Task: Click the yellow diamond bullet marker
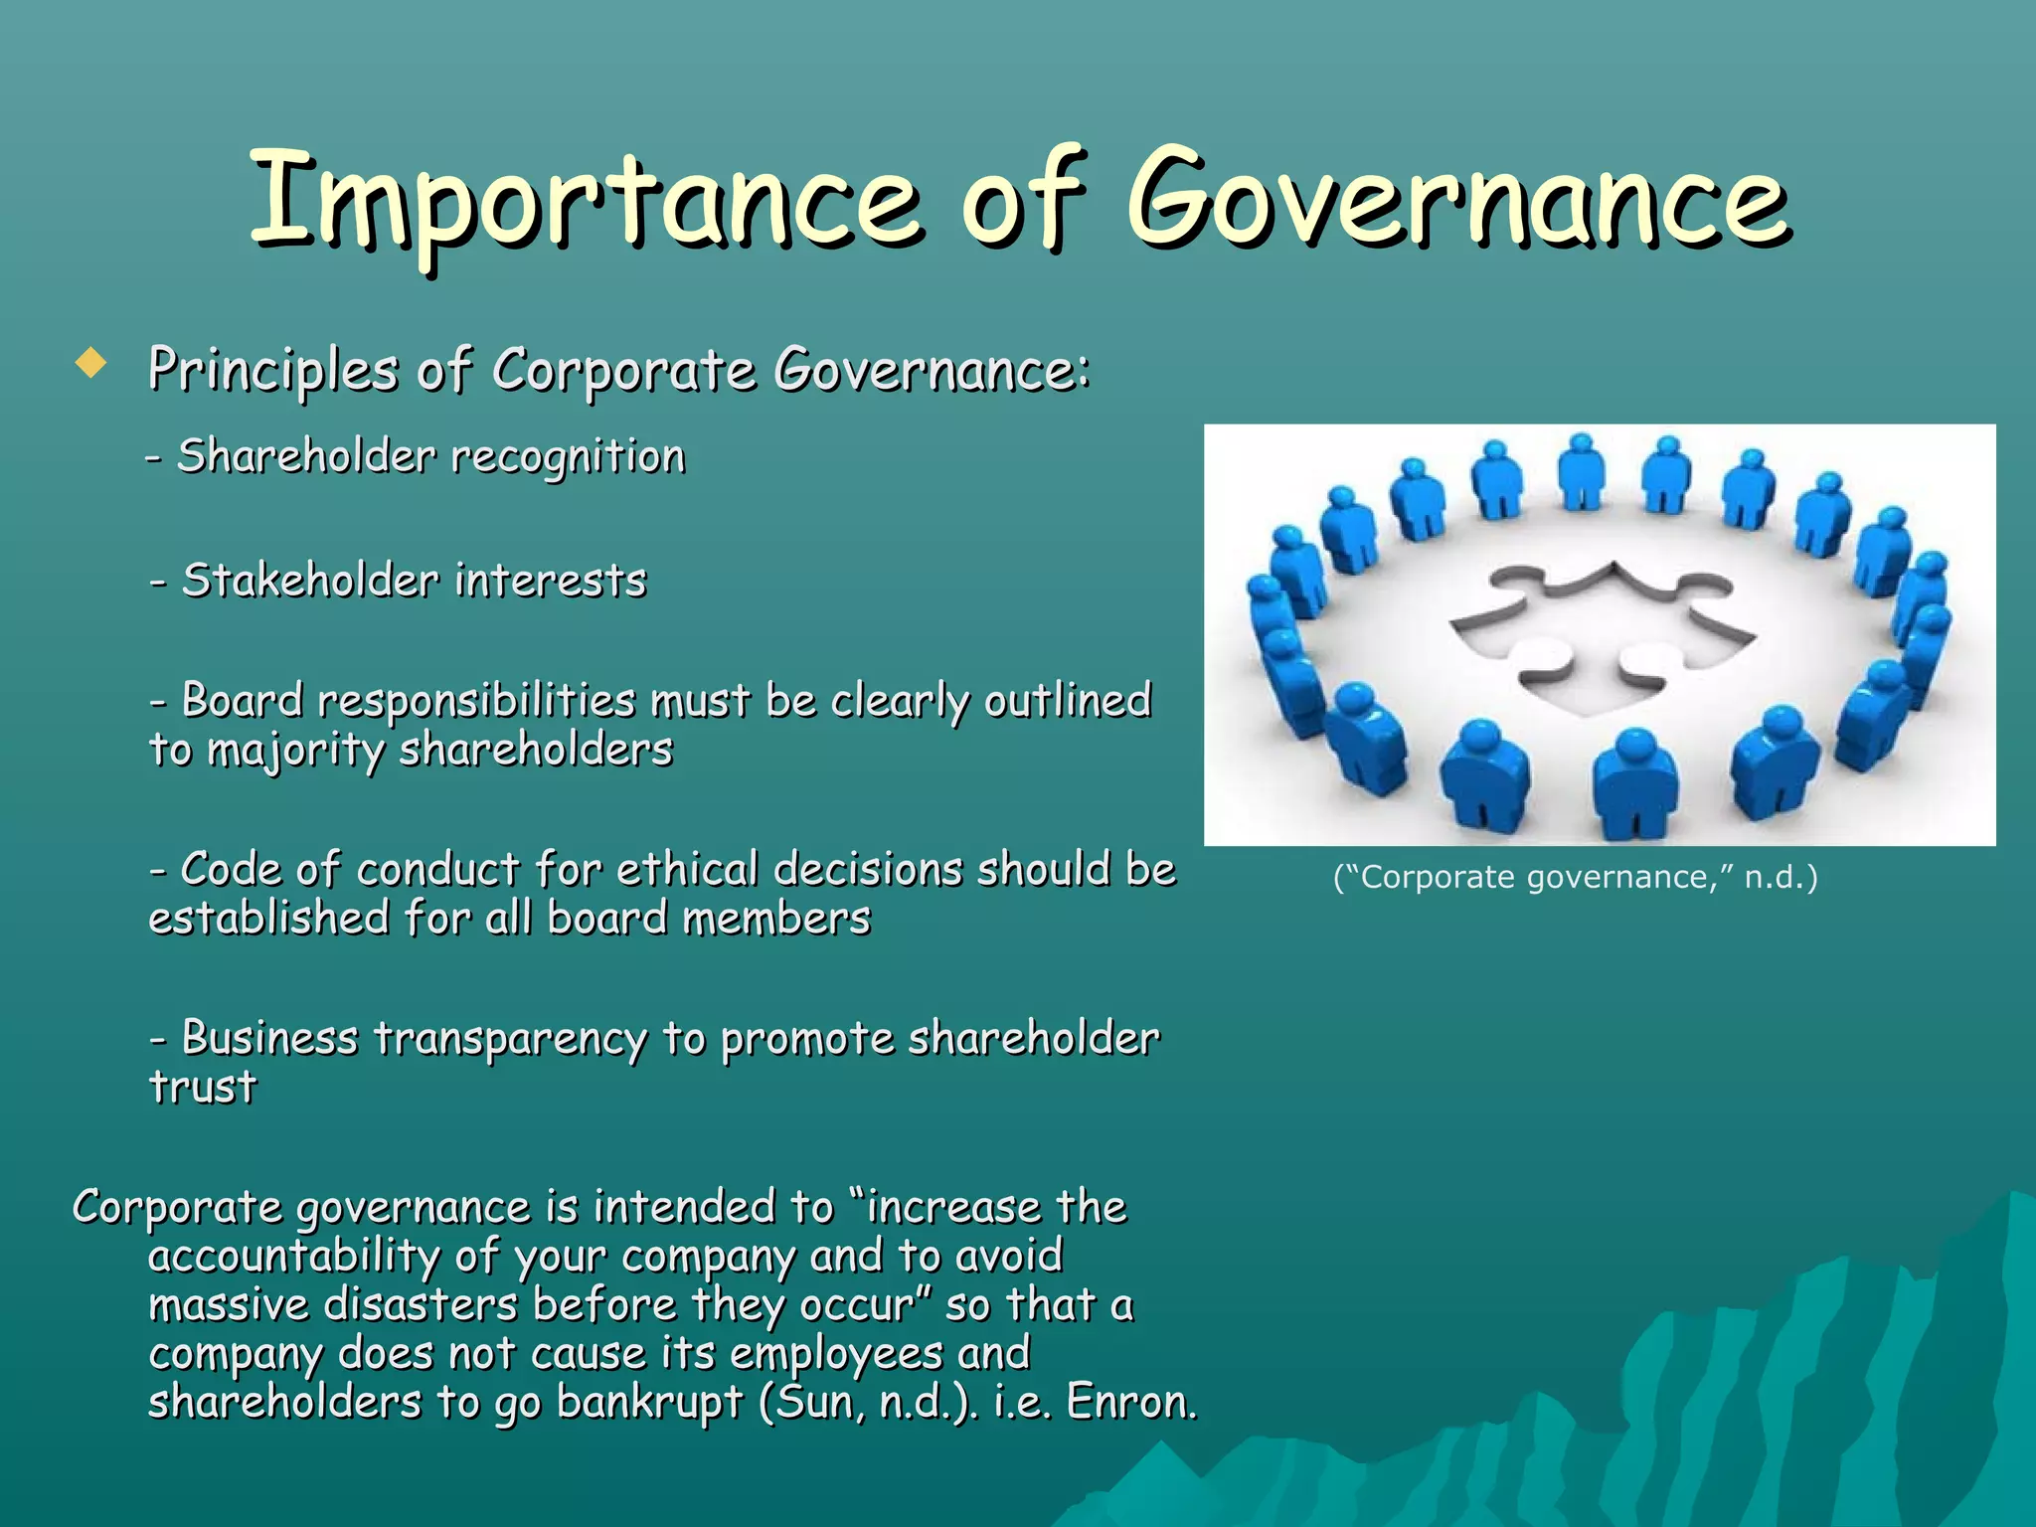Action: (90, 363)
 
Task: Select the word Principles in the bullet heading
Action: (272, 370)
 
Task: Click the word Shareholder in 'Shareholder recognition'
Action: (306, 456)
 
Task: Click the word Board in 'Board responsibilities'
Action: (242, 701)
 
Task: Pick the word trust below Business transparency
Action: (203, 1087)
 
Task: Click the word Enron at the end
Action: (1130, 1403)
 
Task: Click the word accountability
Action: (293, 1257)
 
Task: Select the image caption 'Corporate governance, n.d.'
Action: (1575, 878)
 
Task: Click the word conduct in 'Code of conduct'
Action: (437, 870)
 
